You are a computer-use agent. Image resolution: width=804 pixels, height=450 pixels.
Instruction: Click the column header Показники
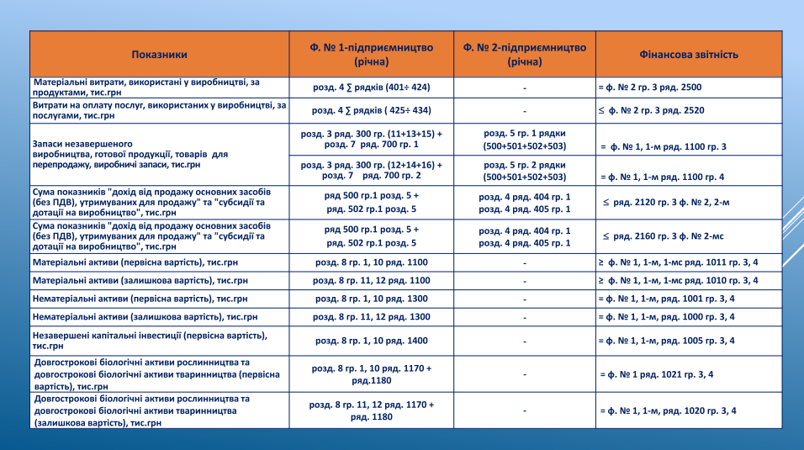click(159, 55)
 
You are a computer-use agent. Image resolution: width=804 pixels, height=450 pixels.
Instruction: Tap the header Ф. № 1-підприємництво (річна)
click(371, 55)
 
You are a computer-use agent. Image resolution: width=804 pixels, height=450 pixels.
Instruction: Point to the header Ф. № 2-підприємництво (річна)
click(524, 55)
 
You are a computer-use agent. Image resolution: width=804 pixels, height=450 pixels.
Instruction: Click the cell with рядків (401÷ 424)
click(371, 87)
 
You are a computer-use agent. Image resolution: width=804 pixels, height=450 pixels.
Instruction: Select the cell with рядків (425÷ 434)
click(371, 110)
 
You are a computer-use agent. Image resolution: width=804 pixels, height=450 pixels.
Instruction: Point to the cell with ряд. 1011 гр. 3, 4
click(678, 262)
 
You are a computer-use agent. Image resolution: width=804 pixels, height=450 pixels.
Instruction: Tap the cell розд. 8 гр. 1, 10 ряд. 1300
click(371, 299)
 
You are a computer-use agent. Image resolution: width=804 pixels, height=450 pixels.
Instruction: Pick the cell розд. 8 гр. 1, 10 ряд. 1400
click(371, 341)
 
